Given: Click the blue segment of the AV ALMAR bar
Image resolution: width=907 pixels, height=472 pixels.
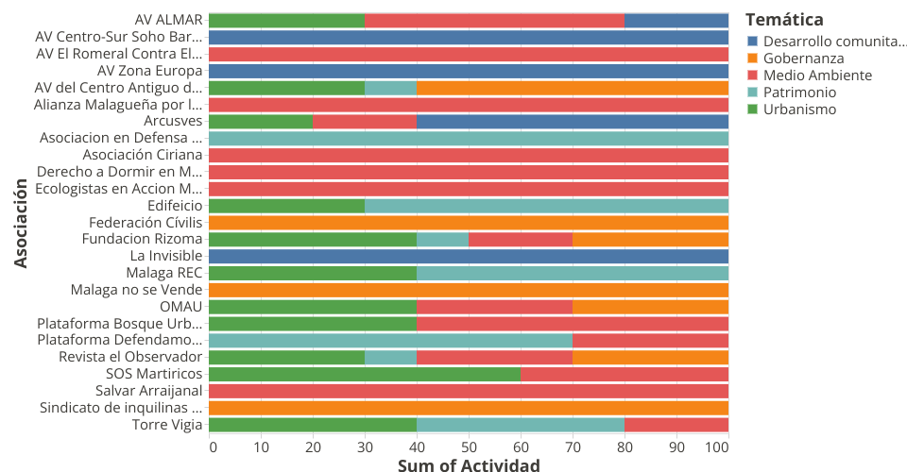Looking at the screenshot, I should [676, 20].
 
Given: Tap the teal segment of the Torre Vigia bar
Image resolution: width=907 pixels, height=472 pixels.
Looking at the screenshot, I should [520, 425].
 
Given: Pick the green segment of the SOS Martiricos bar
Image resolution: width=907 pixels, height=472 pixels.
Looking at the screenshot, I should [364, 373].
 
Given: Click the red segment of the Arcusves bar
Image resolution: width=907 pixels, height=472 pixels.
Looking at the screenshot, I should [364, 121].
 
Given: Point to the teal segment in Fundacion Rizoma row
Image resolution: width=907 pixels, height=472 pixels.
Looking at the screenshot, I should [442, 239].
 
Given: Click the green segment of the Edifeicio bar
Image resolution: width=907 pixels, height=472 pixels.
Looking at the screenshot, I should [286, 206].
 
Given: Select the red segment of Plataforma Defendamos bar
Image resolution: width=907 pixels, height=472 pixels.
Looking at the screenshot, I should [650, 340].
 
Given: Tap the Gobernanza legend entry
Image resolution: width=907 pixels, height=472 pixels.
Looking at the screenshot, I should [803, 59].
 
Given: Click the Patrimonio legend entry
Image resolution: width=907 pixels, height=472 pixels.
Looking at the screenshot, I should [799, 93].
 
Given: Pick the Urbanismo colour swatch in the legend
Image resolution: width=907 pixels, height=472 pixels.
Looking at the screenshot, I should [752, 110].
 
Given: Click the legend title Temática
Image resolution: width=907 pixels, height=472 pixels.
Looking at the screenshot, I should [783, 19].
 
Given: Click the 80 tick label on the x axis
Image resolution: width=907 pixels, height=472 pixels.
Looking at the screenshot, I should [625, 447].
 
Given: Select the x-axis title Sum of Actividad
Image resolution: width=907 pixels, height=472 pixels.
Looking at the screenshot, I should [469, 464].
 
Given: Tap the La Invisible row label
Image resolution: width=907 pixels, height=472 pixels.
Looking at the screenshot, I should [165, 256].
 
